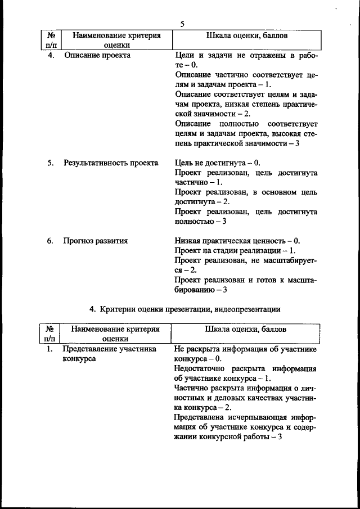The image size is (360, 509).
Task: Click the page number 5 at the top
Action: point(182,24)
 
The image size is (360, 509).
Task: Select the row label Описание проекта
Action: point(97,56)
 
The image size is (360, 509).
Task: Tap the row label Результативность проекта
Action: point(111,163)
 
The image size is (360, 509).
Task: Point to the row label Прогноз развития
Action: point(96,241)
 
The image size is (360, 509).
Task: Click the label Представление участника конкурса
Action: point(109,354)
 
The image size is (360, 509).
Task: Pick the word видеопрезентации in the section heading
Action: point(248,309)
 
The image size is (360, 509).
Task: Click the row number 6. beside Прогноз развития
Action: point(50,241)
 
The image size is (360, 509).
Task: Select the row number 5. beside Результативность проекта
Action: point(50,163)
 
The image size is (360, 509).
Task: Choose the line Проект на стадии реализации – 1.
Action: point(235,250)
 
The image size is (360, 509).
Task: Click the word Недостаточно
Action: point(200,369)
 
